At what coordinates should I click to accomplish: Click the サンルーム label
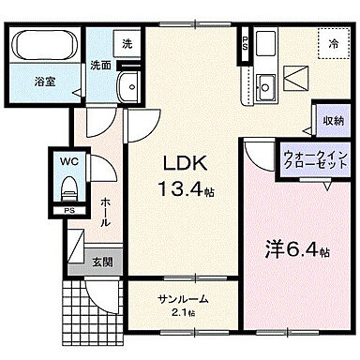click(x=180, y=300)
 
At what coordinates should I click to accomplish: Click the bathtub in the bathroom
click(x=47, y=47)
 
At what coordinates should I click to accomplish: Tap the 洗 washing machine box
click(x=127, y=43)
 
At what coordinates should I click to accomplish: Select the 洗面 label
click(x=101, y=67)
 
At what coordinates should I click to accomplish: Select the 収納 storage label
click(x=331, y=122)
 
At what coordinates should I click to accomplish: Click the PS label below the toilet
click(x=68, y=211)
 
